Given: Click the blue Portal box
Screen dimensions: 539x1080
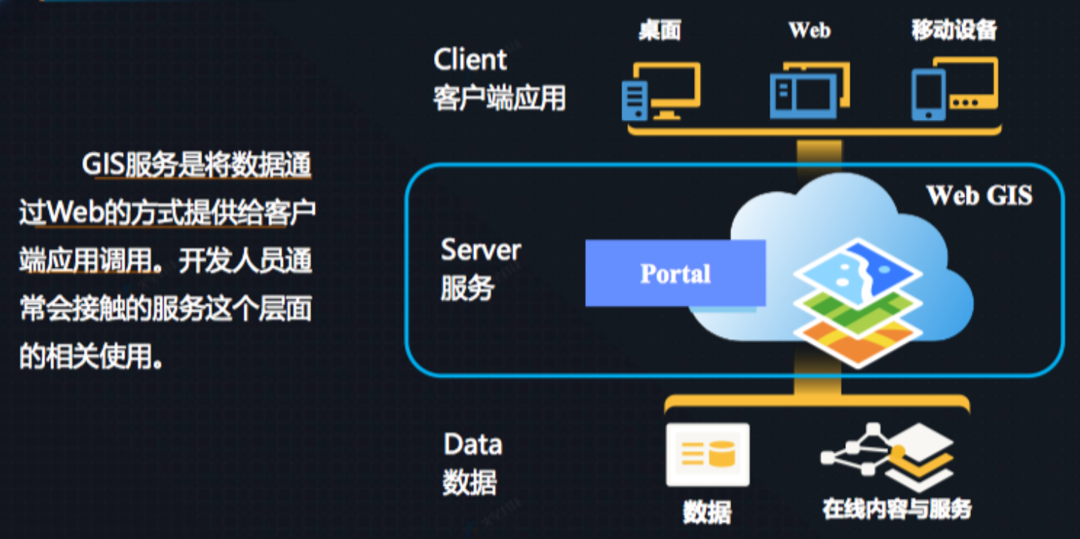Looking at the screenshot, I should point(675,273).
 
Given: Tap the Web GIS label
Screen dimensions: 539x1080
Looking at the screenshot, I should point(979,195).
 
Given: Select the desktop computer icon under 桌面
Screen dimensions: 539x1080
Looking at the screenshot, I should point(661,92).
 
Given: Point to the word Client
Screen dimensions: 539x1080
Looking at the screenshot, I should point(470,60).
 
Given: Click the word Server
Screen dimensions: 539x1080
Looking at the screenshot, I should point(481,250).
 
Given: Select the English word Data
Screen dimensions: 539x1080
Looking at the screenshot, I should point(473,444).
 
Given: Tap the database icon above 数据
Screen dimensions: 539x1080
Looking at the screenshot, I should point(707,455).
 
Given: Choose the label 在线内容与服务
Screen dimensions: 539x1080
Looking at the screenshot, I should point(896,509).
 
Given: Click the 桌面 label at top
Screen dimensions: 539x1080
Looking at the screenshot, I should point(659,30).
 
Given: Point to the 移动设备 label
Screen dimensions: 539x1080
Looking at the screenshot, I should point(954,30).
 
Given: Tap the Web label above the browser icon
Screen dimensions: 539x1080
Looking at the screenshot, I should point(809,30).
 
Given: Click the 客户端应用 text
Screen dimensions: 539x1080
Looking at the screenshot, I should point(500,98).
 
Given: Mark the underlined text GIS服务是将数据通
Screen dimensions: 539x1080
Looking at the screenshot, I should point(196,164).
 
